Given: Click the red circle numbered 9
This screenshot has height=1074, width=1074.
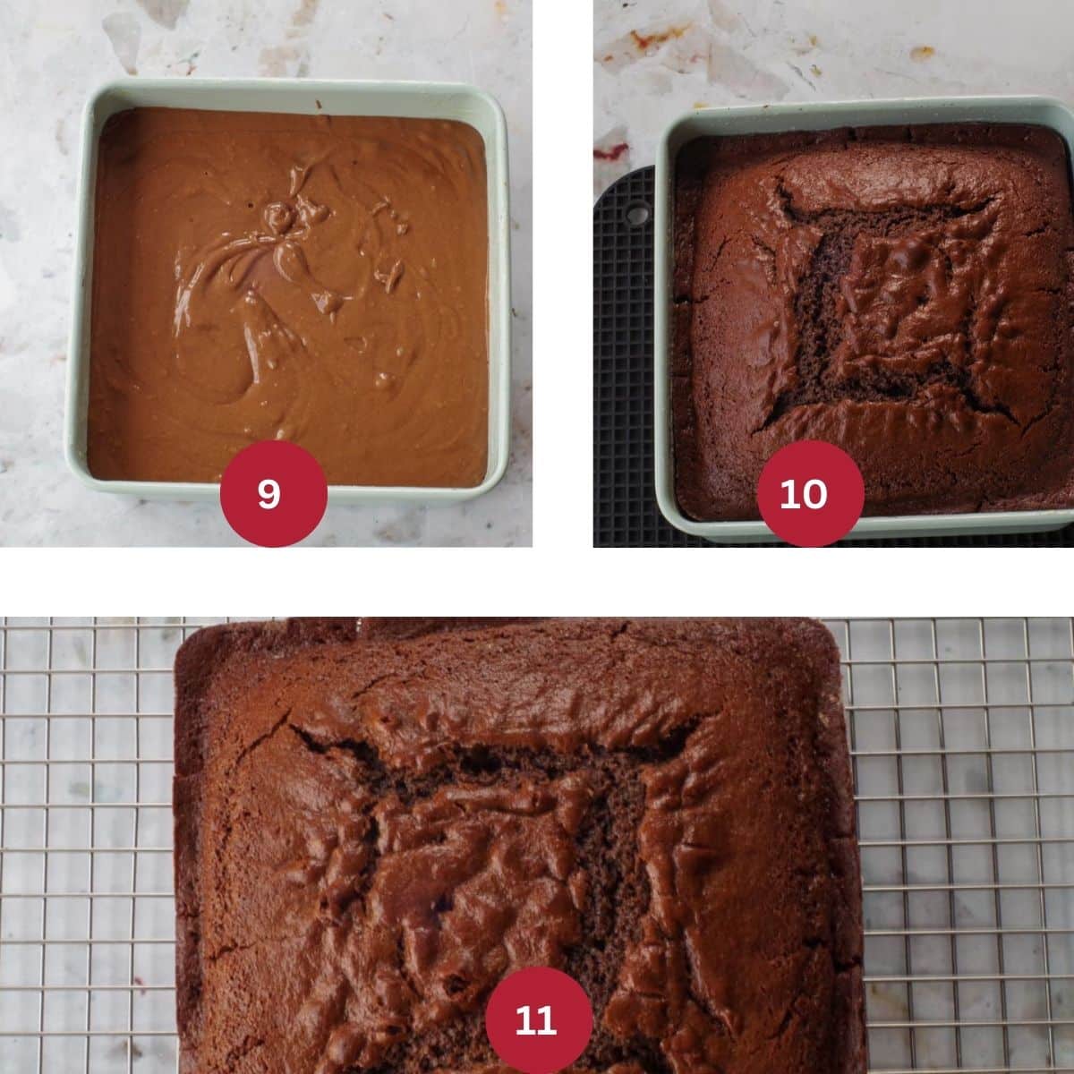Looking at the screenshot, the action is [273, 494].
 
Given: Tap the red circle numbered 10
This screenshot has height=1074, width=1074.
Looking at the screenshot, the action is [810, 494].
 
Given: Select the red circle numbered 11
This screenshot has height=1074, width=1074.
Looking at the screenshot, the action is [539, 1020].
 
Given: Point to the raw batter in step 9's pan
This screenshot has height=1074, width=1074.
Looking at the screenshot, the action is [287, 295].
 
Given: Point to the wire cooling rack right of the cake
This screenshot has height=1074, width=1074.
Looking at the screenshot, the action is [964, 848].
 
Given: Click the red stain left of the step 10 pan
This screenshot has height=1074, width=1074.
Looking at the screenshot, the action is [612, 150].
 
